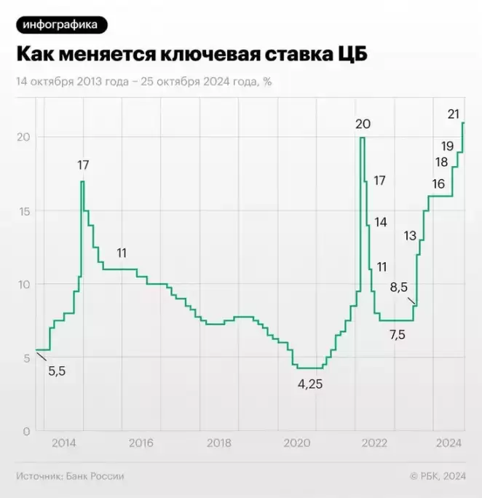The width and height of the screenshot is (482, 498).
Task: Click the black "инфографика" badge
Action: pyautogui.click(x=61, y=25)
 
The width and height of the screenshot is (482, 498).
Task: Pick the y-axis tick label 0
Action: pyautogui.click(x=25, y=431)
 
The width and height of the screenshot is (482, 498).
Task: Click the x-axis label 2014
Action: pyautogui.click(x=63, y=443)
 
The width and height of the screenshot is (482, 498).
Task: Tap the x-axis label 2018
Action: pyautogui.click(x=219, y=443)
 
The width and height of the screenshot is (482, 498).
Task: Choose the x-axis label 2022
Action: pyautogui.click(x=374, y=443)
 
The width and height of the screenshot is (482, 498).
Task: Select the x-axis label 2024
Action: pyautogui.click(x=449, y=443)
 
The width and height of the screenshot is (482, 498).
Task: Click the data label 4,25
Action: pyautogui.click(x=310, y=384)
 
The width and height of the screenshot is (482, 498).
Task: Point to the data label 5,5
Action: pyautogui.click(x=58, y=371)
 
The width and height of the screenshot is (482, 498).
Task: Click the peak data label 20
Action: pyautogui.click(x=363, y=124)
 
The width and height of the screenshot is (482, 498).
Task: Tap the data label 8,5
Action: pyautogui.click(x=398, y=287)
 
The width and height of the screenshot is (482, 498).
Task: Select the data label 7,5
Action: pyautogui.click(x=398, y=336)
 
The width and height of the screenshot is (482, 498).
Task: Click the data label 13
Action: pyautogui.click(x=410, y=235)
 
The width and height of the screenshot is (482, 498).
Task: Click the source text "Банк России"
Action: pyautogui.click(x=95, y=476)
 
